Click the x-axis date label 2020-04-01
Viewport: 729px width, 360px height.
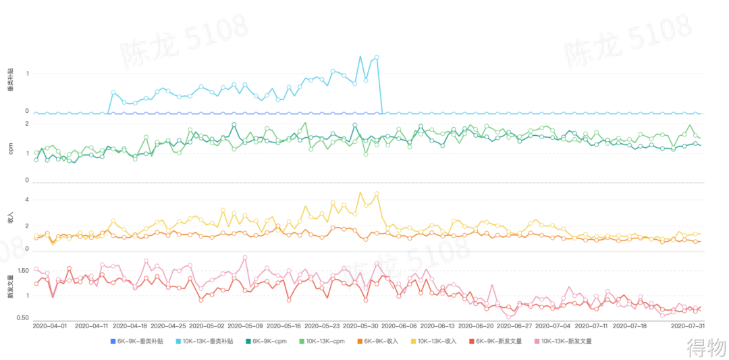pyautogui.click(x=50, y=326)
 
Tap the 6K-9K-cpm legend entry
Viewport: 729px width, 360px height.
pyautogui.click(x=269, y=341)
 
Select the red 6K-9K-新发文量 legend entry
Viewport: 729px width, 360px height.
pyautogui.click(x=498, y=341)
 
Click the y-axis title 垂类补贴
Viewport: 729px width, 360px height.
pyautogui.click(x=10, y=80)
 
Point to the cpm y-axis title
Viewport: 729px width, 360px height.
pyautogui.click(x=10, y=150)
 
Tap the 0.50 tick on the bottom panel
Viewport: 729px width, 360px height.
pyautogui.click(x=22, y=318)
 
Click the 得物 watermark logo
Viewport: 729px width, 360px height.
pyautogui.click(x=706, y=349)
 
